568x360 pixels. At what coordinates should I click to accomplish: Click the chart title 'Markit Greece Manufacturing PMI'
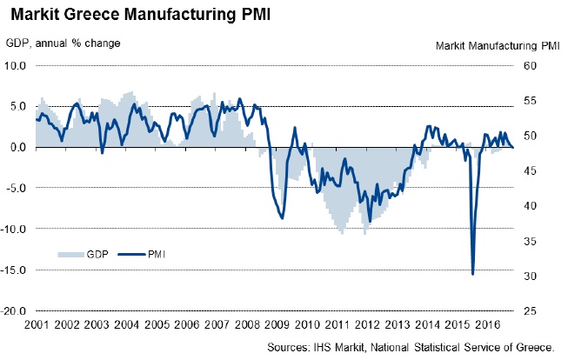129,15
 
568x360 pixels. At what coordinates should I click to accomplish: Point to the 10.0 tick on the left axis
17,65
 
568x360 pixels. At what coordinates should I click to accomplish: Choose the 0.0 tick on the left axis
19,147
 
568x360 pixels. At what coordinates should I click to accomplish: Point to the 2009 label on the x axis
277,324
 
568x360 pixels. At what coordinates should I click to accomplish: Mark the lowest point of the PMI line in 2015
472,274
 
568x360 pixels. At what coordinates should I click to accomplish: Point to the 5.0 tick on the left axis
19,106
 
